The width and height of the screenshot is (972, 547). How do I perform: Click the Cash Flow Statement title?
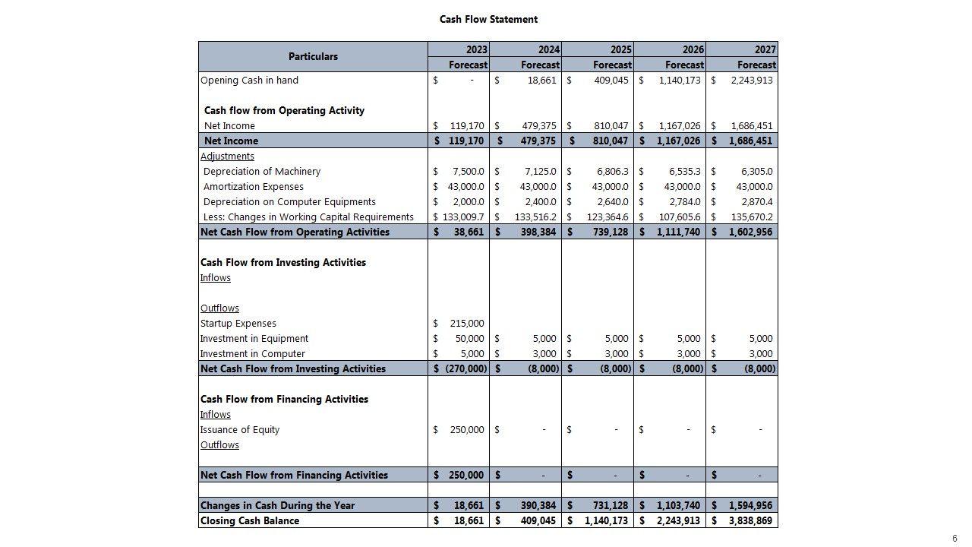point(488,19)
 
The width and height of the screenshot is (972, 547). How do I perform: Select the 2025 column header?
point(621,49)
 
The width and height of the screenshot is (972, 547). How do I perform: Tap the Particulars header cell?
point(313,57)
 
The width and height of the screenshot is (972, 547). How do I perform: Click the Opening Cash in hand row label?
point(249,80)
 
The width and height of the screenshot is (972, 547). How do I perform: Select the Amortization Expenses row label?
point(253,186)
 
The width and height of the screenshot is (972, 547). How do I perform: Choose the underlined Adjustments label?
point(227,156)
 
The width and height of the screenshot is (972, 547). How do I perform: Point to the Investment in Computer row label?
point(252,353)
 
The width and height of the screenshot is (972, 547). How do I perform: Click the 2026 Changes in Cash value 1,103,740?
point(679,505)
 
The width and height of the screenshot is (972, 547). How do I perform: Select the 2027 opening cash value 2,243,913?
point(751,80)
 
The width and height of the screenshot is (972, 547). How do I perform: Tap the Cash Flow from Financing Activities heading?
point(284,399)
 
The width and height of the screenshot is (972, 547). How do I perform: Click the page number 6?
point(955,539)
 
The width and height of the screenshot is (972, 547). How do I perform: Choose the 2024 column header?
point(549,49)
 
